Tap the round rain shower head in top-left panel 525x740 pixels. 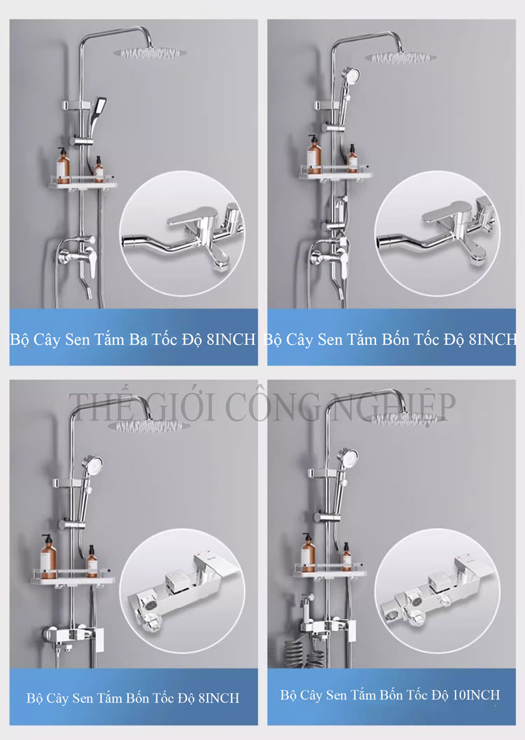[150, 53]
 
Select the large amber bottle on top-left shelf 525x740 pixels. [63, 166]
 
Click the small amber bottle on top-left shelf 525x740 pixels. [99, 170]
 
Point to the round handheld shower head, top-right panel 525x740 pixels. [350, 76]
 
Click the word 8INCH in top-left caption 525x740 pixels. [232, 339]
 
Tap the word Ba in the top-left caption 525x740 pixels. [138, 340]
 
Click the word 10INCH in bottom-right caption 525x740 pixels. [476, 695]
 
